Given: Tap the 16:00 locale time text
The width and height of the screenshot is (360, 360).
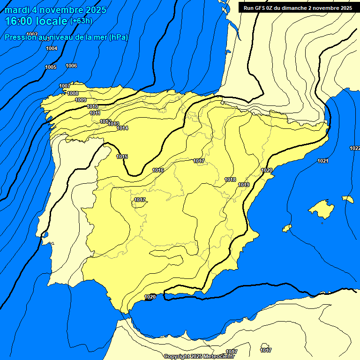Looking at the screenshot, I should pyautogui.click(x=36, y=21).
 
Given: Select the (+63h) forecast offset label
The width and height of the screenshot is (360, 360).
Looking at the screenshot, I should pyautogui.click(x=81, y=21).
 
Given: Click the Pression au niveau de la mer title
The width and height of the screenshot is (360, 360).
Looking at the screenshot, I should pyautogui.click(x=66, y=37).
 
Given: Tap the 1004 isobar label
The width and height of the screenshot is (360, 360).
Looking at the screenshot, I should pyautogui.click(x=52, y=48).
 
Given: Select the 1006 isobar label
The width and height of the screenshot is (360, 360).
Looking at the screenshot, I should pyautogui.click(x=71, y=66).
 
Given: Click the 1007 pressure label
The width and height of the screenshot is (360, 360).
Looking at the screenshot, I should pyautogui.click(x=65, y=86).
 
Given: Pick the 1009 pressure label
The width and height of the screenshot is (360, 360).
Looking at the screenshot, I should pyautogui.click(x=81, y=100).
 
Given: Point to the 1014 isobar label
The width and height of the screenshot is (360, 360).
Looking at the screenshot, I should pyautogui.click(x=122, y=128).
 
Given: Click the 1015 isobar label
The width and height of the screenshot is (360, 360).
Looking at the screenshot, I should pyautogui.click(x=122, y=157).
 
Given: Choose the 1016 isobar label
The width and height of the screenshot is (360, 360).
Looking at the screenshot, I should pyautogui.click(x=158, y=170).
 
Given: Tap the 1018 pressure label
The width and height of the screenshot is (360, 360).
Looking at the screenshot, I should pyautogui.click(x=230, y=180).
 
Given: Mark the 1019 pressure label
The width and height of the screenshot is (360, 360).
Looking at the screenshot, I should pyautogui.click(x=243, y=185).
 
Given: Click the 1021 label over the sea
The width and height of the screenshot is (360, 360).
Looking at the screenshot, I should pyautogui.click(x=322, y=161).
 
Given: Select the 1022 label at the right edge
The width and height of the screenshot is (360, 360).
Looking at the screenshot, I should pyautogui.click(x=354, y=148).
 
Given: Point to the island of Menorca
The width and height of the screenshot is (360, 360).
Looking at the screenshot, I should pyautogui.click(x=348, y=199).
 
